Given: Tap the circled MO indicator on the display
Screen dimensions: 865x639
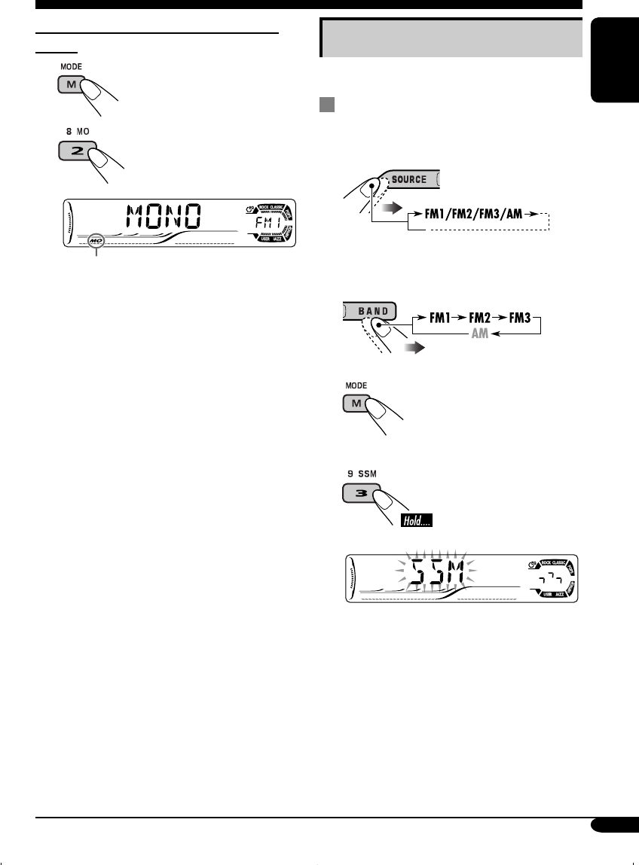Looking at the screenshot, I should pyautogui.click(x=96, y=242).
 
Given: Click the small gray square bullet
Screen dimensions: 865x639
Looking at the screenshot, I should pyautogui.click(x=326, y=106).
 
